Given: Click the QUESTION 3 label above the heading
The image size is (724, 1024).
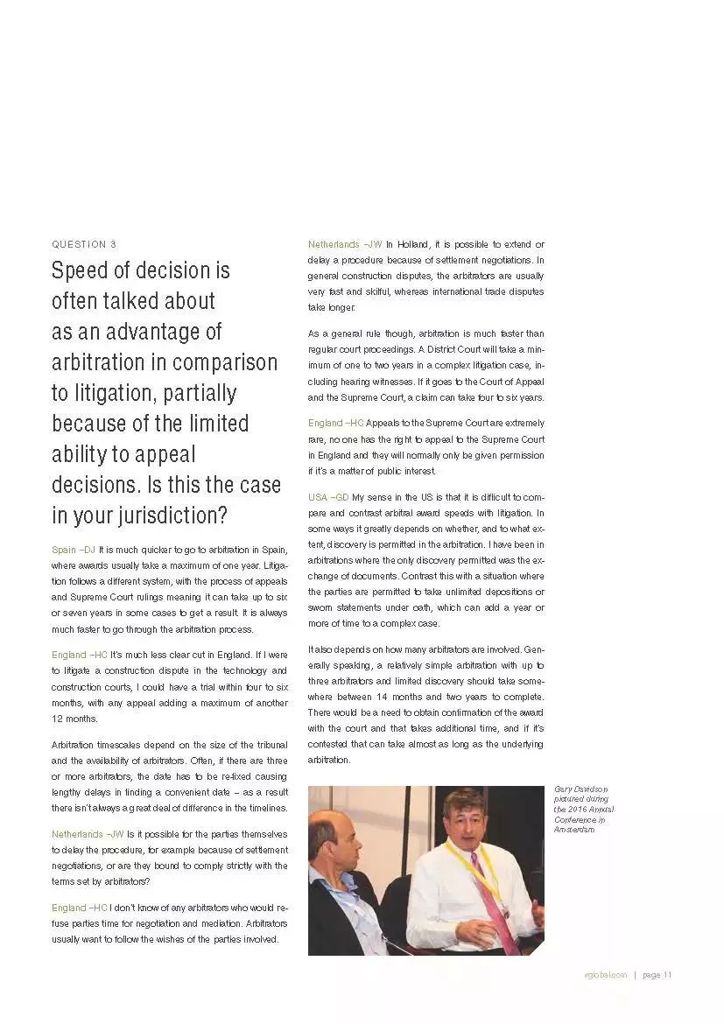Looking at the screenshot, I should coord(84,244).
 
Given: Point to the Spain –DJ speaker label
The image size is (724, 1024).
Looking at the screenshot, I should coord(74,550).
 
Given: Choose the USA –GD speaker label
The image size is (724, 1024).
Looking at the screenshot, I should coord(328,497).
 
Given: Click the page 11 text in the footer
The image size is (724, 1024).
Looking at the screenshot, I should coord(657,976).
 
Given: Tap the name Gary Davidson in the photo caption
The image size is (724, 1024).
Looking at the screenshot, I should coord(581,789).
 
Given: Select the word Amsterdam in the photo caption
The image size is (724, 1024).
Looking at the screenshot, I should coord(574,830).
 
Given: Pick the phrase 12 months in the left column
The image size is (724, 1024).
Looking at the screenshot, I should coord(74,719).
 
